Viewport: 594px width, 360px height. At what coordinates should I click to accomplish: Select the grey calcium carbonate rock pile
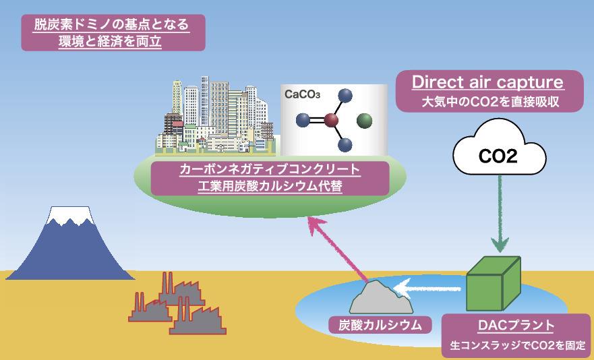tap(381, 297)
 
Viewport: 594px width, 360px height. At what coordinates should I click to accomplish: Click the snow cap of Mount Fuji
tap(70, 215)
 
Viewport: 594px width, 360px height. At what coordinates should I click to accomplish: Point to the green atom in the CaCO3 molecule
tap(365, 121)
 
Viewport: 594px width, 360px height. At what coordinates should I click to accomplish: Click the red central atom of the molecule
tap(331, 121)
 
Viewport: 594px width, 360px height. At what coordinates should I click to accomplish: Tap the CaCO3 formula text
tap(302, 94)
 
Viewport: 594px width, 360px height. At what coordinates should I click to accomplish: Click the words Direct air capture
tap(487, 82)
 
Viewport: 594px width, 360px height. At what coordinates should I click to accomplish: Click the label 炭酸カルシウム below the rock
tap(380, 325)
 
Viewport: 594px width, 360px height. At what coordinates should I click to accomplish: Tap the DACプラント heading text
tap(516, 326)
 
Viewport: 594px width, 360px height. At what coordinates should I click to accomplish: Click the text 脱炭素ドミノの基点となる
tap(111, 25)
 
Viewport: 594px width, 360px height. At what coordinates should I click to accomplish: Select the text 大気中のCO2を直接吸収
tap(490, 102)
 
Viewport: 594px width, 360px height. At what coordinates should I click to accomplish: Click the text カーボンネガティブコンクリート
tap(270, 169)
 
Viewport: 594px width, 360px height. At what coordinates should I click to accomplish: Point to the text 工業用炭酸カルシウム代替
tap(270, 186)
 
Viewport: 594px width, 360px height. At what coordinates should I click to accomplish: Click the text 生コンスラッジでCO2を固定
tap(518, 346)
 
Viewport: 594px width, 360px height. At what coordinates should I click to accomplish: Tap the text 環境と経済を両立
tap(111, 41)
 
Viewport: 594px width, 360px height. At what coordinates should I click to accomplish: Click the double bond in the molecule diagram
tap(317, 121)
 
